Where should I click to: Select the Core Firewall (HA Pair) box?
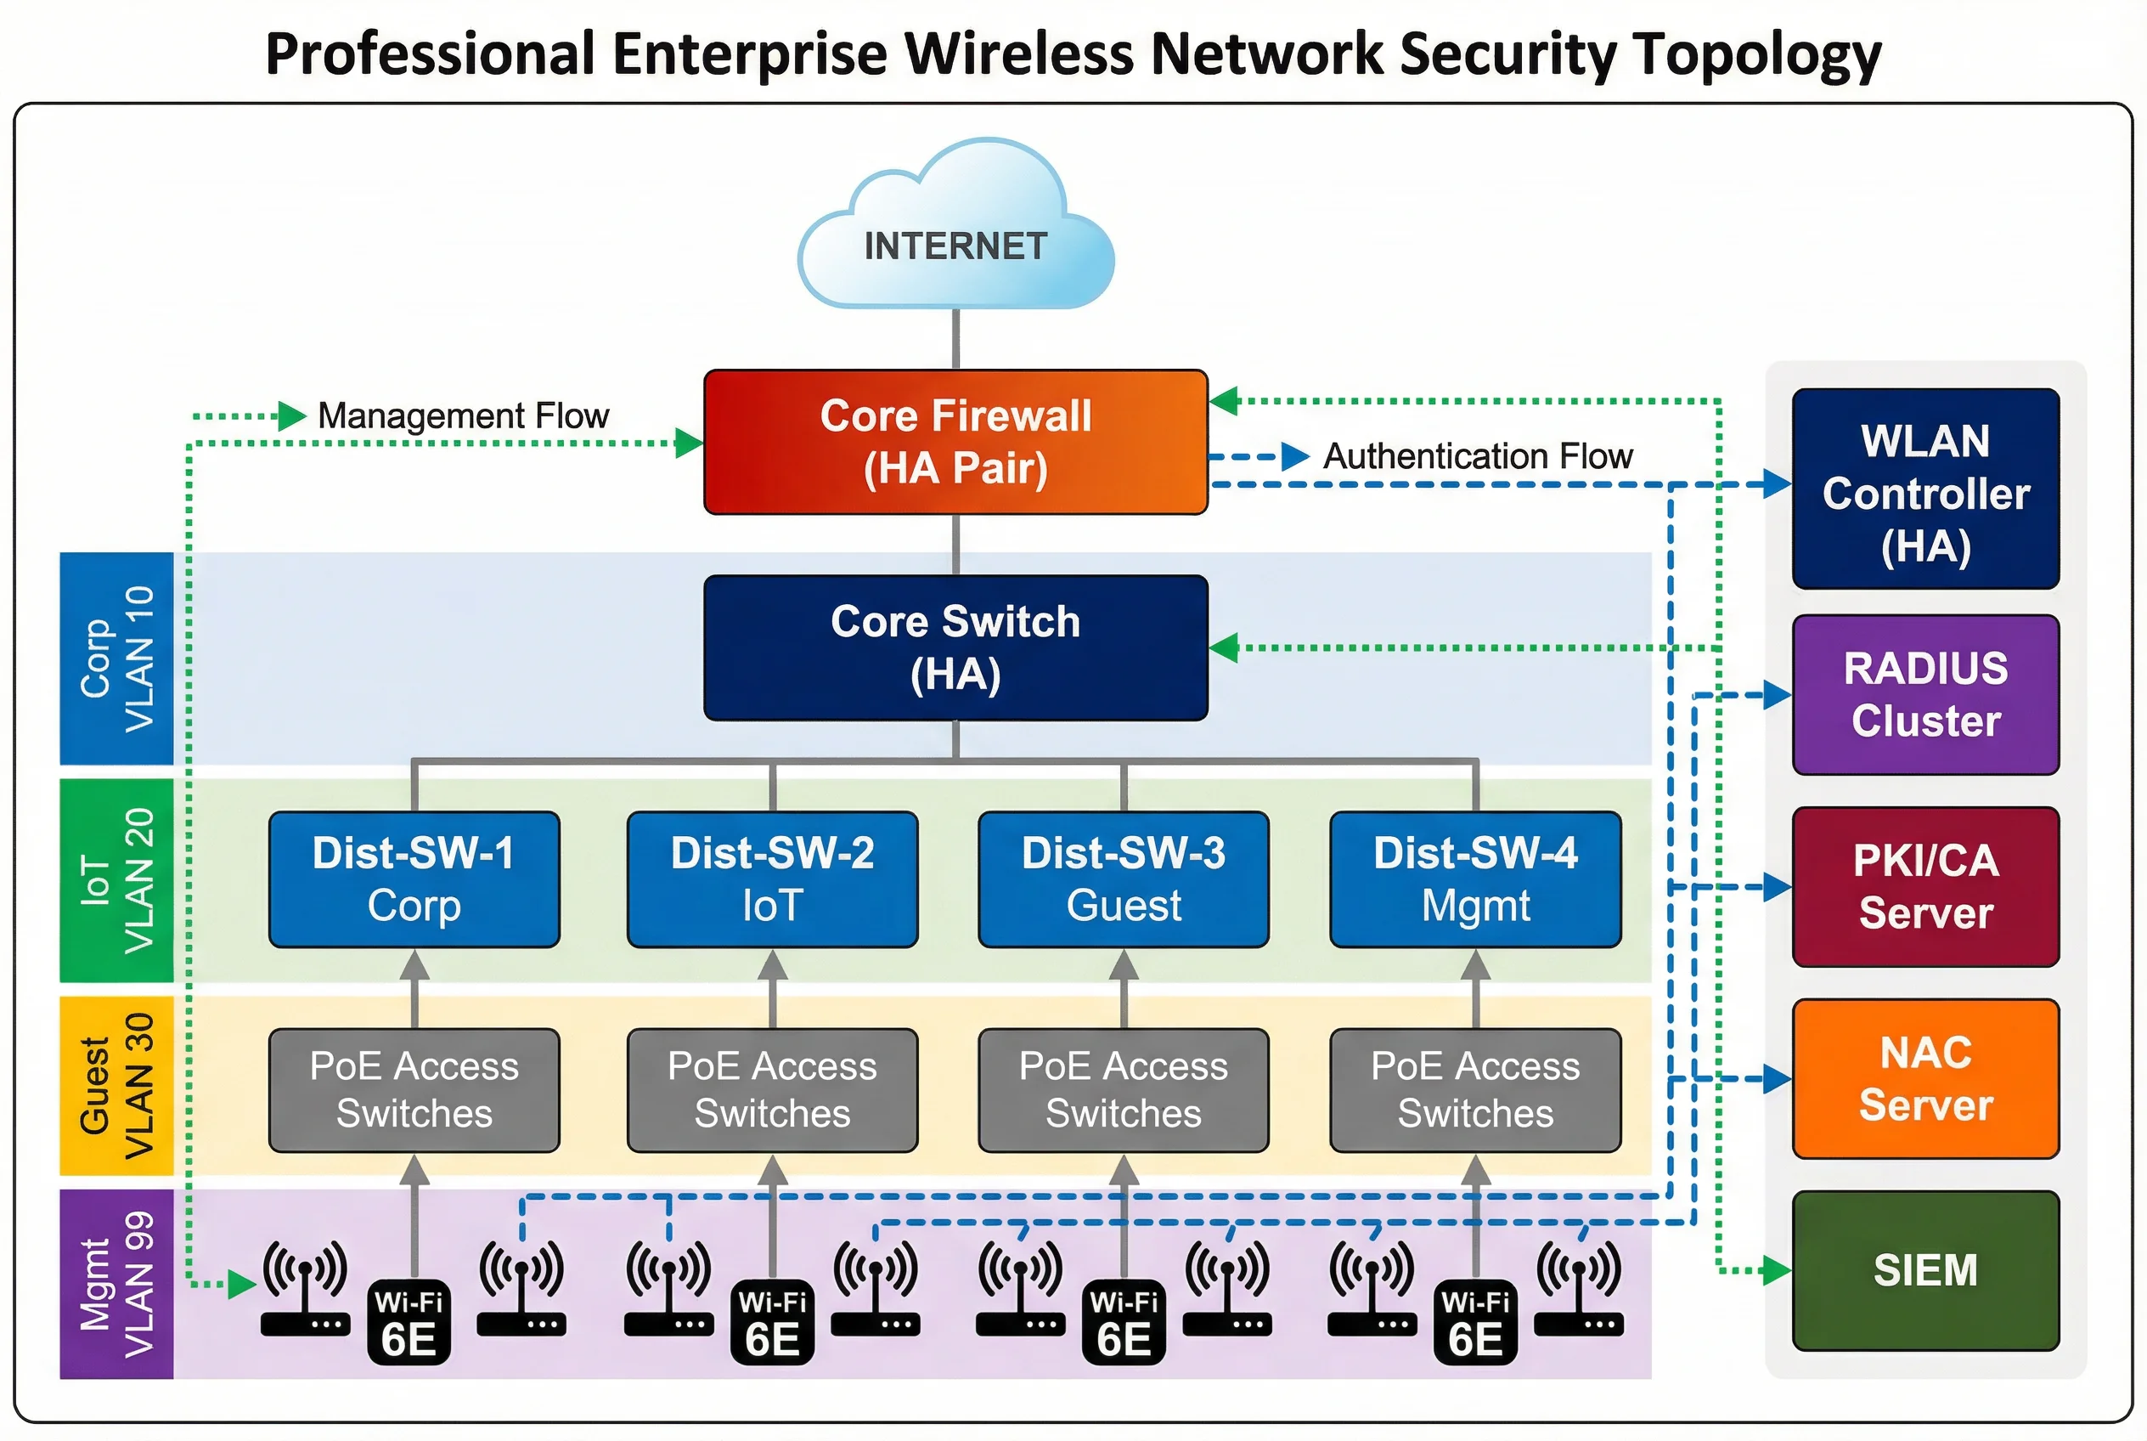click(955, 442)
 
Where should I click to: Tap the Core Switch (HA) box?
click(955, 648)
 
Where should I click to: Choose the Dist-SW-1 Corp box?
click(414, 879)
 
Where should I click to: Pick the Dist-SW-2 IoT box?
click(773, 879)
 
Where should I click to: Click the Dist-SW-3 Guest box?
click(1124, 879)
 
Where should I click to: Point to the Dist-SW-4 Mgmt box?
click(1475, 879)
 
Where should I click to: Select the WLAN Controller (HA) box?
click(1925, 489)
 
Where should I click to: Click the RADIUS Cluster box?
click(1925, 695)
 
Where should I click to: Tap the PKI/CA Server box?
click(1925, 887)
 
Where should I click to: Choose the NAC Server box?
click(1925, 1079)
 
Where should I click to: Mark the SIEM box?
click(1925, 1271)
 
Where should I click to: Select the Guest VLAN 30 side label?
click(116, 1086)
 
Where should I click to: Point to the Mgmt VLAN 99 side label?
click(116, 1285)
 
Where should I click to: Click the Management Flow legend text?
click(463, 416)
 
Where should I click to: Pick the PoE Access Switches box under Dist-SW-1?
click(414, 1090)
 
